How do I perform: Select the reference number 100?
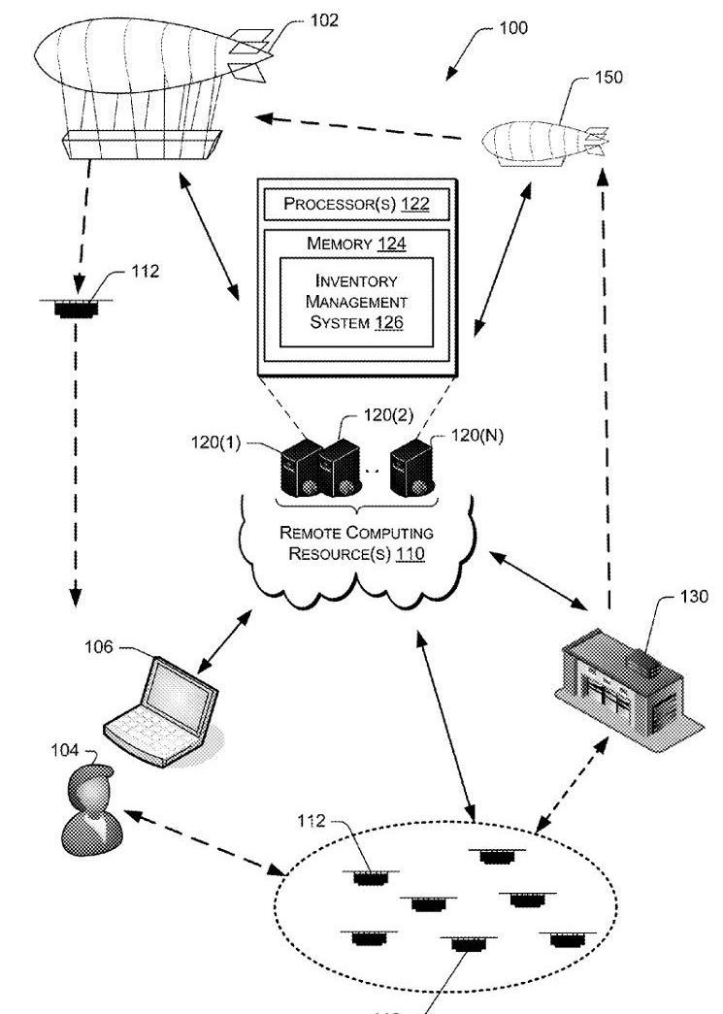click(513, 29)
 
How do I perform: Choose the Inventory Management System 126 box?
click(354, 301)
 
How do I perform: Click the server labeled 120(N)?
click(411, 468)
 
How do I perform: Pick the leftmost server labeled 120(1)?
click(299, 471)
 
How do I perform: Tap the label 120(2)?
click(388, 414)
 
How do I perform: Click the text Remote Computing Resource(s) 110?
click(356, 543)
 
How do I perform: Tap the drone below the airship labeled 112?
click(72, 309)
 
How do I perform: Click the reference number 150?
click(608, 79)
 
